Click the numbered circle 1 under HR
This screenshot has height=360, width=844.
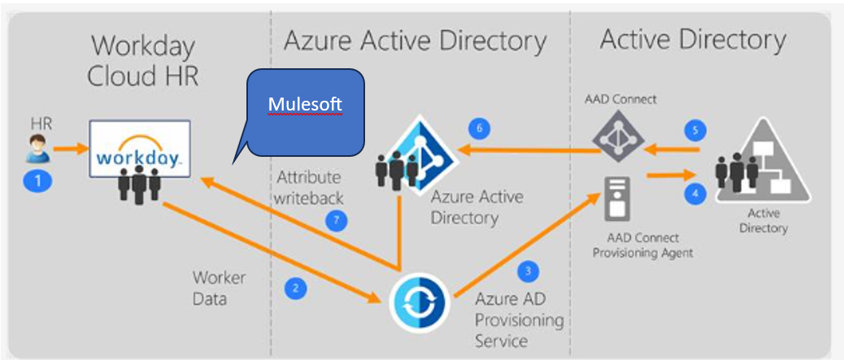point(37,180)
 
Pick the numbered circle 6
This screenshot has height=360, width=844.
point(480,128)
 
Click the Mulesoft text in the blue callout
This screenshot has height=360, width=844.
point(306,106)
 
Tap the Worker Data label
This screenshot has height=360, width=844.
point(220,288)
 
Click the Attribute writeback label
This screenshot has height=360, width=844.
point(308,187)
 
